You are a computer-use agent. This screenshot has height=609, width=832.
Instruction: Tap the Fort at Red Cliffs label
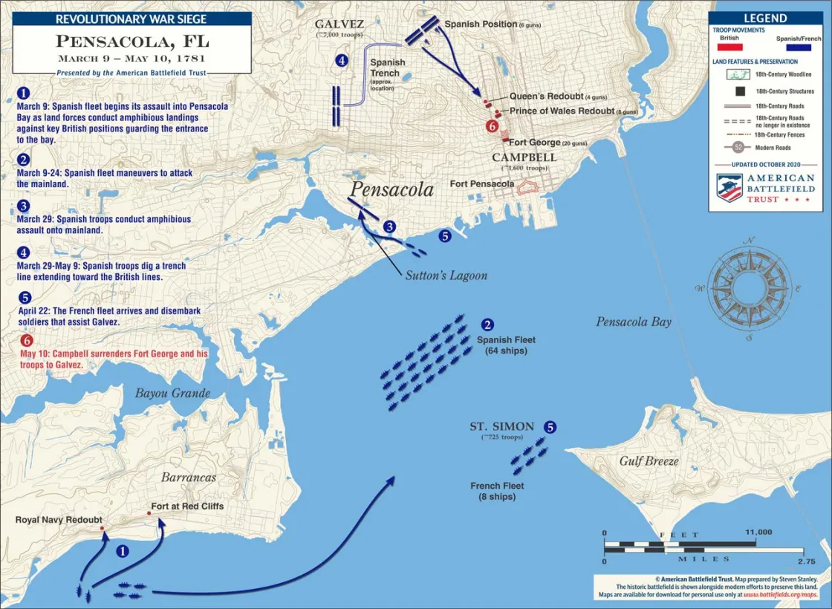pos(187,506)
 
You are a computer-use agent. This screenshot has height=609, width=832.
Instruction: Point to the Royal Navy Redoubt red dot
pos(103,528)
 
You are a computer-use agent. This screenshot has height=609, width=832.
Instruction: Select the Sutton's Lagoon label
pos(446,276)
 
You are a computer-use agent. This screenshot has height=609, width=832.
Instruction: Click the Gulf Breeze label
pos(649,461)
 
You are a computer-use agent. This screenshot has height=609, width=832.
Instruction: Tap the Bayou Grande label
pos(172,393)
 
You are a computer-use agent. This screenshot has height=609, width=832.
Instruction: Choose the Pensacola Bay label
pos(634,322)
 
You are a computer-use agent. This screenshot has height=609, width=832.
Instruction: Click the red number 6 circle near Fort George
pos(491,126)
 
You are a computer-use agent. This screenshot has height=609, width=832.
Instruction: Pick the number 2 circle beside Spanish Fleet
pos(487,325)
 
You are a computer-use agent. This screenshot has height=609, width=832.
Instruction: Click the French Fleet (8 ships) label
pos(497,491)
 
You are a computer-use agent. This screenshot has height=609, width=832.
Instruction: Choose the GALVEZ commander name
pos(339,25)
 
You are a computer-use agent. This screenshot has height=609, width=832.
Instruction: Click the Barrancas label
pos(189,478)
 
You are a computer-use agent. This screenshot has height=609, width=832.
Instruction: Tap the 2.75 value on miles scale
pos(805,561)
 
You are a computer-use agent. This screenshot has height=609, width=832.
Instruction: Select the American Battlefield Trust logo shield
pos(729,188)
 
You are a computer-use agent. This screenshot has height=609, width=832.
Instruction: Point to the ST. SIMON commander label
pos(501,426)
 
